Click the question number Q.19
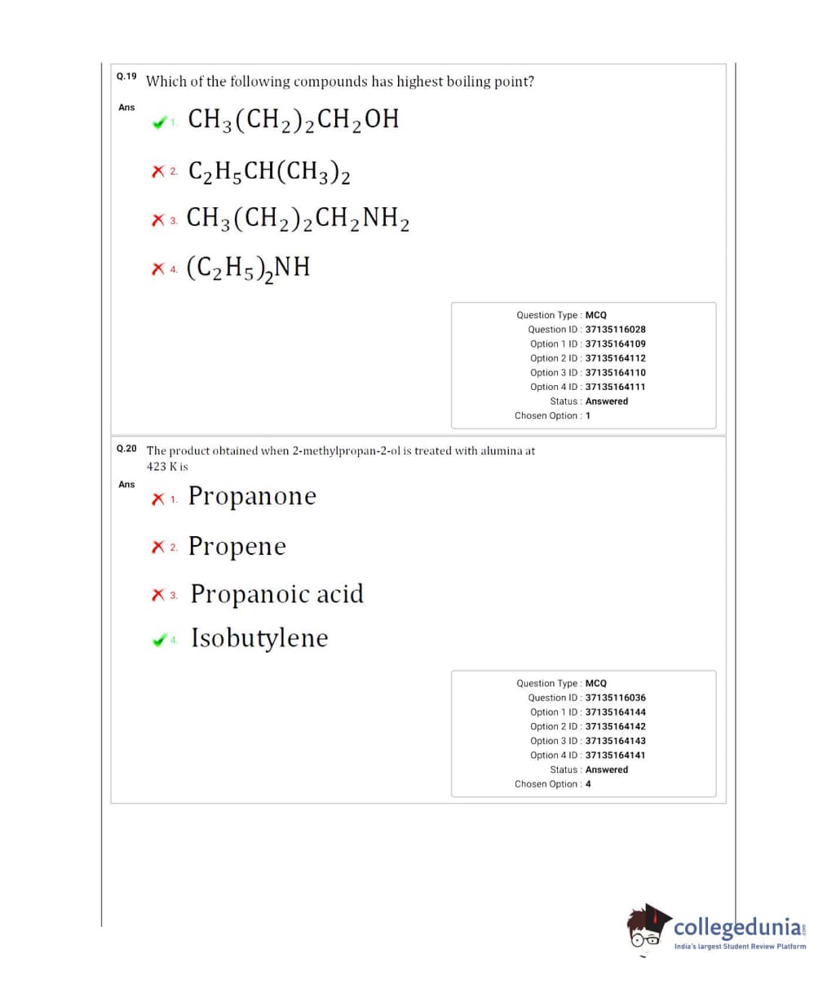coord(126,77)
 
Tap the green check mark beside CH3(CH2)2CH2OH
coord(158,123)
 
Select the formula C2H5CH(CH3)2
coord(269,171)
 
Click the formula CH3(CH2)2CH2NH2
coord(298,219)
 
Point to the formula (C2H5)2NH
coord(249,267)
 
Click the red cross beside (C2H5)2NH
coord(157,268)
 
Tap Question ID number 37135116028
coord(615,330)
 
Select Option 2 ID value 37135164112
coord(615,358)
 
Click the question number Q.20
coord(126,449)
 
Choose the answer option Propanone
coord(252,496)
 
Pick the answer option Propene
coord(237,546)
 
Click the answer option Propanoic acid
coord(277,594)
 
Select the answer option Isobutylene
coord(259,638)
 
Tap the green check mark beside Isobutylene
coord(158,641)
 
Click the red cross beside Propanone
coord(157,499)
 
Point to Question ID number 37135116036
coord(615,698)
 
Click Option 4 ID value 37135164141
coord(615,756)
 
